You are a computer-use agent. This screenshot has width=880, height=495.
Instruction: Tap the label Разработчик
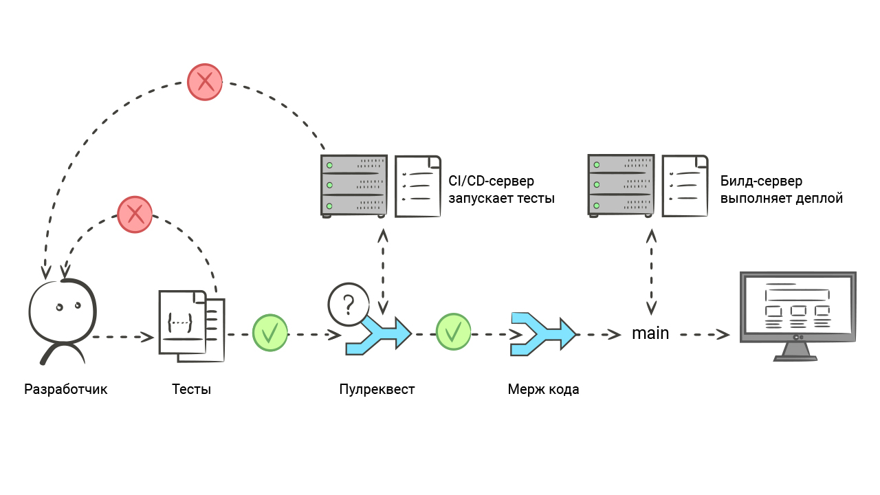pyautogui.click(x=66, y=389)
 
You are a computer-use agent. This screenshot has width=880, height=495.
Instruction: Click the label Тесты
pyautogui.click(x=191, y=389)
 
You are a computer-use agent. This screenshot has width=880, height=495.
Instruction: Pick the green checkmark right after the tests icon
pyautogui.click(x=270, y=333)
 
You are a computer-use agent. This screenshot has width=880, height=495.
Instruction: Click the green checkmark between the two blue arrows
pyautogui.click(x=453, y=333)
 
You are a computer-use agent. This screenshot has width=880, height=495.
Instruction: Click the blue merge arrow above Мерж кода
pyautogui.click(x=542, y=334)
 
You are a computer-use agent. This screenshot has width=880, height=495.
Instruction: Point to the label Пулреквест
pyautogui.click(x=377, y=389)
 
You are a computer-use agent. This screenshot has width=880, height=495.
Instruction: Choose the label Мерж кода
pyautogui.click(x=543, y=389)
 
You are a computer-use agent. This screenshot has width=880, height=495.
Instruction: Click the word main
pyautogui.click(x=650, y=333)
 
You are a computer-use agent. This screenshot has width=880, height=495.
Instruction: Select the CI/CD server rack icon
pyautogui.click(x=354, y=186)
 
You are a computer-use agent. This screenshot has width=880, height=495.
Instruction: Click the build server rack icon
pyautogui.click(x=621, y=186)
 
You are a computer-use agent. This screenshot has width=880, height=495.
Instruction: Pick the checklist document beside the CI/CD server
pyautogui.click(x=418, y=186)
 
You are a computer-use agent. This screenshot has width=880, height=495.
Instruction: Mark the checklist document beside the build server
pyautogui.click(x=685, y=186)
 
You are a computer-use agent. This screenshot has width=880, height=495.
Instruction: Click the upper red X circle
pyautogui.click(x=205, y=82)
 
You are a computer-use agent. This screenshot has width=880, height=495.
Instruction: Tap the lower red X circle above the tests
pyautogui.click(x=135, y=214)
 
